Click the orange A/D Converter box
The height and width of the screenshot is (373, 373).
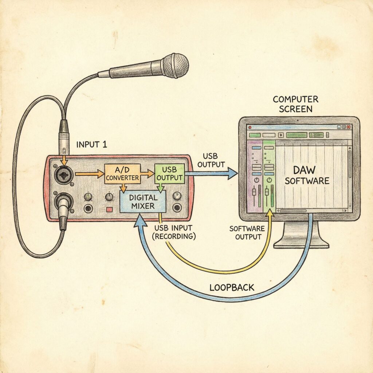click(x=122, y=173)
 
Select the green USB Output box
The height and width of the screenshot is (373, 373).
click(x=169, y=173)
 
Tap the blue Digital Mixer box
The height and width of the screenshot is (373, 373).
click(x=143, y=202)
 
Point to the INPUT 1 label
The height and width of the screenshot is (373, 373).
click(x=92, y=145)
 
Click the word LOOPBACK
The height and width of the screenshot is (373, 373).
click(x=232, y=287)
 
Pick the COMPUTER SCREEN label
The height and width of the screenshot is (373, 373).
click(x=295, y=104)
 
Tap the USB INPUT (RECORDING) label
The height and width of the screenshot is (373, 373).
click(x=175, y=232)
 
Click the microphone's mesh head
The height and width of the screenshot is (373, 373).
click(x=175, y=66)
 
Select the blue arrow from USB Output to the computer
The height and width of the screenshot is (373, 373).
click(x=211, y=174)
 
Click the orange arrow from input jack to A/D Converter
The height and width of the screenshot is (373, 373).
click(x=90, y=174)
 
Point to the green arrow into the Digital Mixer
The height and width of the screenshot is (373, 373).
click(x=159, y=187)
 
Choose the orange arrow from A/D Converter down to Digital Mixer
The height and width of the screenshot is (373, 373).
click(x=123, y=187)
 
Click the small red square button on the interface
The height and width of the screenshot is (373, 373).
click(x=109, y=210)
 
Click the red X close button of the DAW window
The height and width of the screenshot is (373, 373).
click(x=349, y=127)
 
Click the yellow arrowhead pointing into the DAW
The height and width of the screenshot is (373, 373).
click(x=270, y=214)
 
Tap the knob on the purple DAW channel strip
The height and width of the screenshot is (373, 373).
click(x=256, y=181)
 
